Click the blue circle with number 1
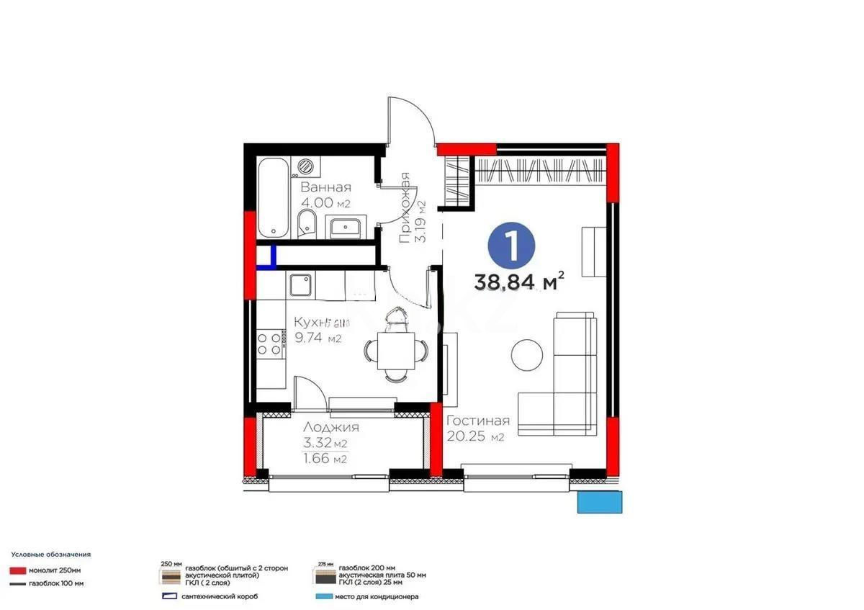512,246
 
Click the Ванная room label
326,189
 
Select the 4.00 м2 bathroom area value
326,204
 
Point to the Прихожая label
405,208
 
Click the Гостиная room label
478,421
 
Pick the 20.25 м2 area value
475,436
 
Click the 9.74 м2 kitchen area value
317,338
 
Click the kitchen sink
300,286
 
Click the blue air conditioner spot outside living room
599,501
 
